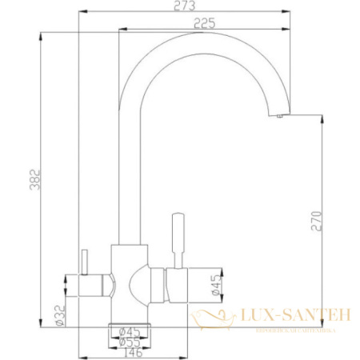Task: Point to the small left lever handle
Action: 82,261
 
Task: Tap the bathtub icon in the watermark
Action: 210,320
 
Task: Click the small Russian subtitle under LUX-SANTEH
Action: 286,330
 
